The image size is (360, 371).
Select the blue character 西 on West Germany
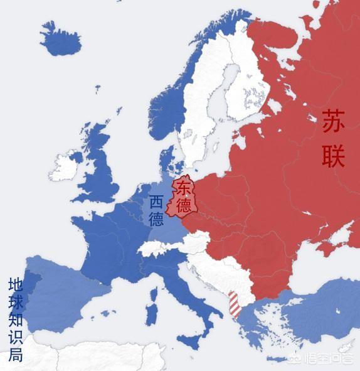[x=156, y=202]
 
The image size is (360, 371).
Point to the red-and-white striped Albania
[x=234, y=304]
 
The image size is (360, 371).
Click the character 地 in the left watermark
[x=16, y=284]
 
